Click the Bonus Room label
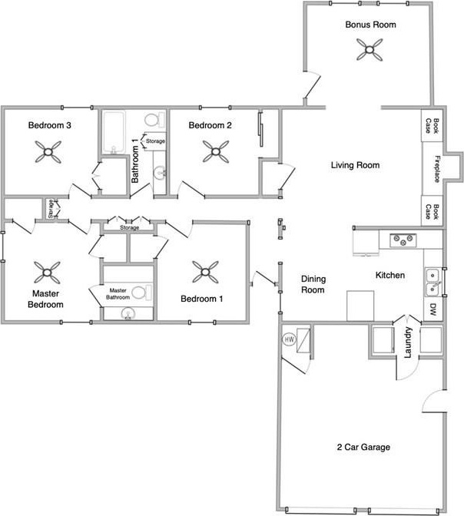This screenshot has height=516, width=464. click(370, 25)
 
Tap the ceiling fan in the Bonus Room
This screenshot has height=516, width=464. click(370, 51)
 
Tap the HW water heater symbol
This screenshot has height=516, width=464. click(290, 339)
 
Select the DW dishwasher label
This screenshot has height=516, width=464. click(433, 310)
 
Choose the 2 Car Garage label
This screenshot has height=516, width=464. click(364, 447)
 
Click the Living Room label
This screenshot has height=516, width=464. click(355, 165)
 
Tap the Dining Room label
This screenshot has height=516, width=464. click(313, 285)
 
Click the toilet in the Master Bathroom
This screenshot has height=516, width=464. click(139, 293)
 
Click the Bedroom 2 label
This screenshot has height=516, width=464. click(210, 125)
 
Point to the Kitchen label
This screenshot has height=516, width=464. click(390, 275)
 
